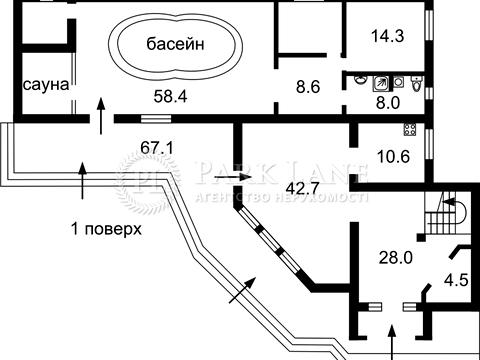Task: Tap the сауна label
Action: pos(45,85)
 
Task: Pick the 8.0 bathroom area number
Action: pos(387,101)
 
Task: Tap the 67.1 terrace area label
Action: pos(157,147)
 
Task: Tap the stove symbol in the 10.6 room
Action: pos(409,129)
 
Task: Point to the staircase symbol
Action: pos(440,211)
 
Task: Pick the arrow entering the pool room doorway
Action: pos(99,110)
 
